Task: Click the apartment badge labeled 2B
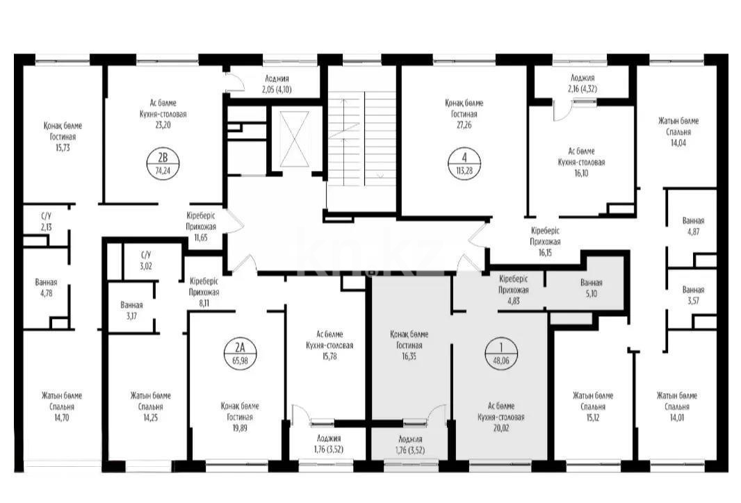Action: pos(163,163)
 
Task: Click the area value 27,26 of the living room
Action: pos(462,125)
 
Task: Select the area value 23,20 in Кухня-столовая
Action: pos(163,125)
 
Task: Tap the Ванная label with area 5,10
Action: pos(591,283)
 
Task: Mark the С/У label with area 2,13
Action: pos(45,216)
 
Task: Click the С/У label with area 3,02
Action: pos(145,254)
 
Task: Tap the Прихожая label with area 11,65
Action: pos(201,226)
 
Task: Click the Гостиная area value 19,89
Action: pos(239,428)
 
